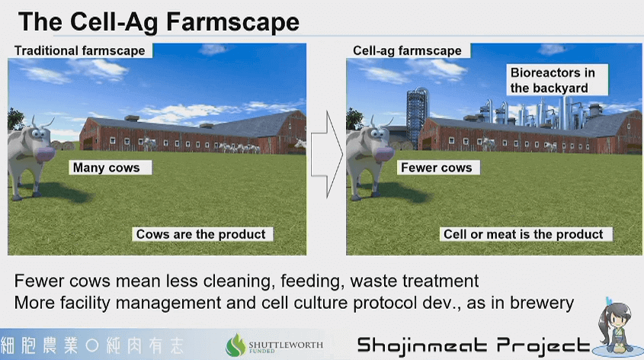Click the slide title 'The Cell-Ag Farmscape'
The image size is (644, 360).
159,22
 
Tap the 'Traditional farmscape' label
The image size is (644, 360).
80,50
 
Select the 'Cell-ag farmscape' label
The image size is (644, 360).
408,50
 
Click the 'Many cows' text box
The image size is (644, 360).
110,168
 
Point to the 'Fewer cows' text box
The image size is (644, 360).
438,168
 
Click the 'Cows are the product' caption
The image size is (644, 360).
202,234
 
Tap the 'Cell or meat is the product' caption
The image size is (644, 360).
526,234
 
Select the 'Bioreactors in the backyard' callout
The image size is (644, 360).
557,80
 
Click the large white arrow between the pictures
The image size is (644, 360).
327,154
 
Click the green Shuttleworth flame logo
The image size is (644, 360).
235,345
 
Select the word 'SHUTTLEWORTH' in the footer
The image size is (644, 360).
286,345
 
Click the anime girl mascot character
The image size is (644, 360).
615,325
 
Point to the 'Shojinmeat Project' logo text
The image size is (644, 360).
473,346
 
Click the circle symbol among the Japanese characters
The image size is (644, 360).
92,346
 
